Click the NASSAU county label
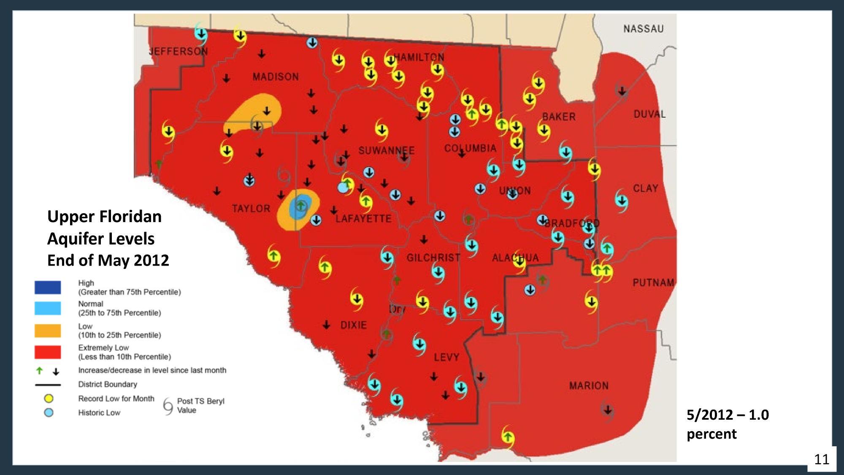(x=643, y=29)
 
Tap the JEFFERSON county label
(x=178, y=52)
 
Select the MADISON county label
(x=276, y=77)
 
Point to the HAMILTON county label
(x=420, y=57)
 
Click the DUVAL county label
(x=649, y=114)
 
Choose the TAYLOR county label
(x=251, y=209)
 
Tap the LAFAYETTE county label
(x=363, y=219)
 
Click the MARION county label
(x=589, y=385)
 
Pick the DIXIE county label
(x=354, y=325)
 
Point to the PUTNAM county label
(x=653, y=282)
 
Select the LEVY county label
(x=446, y=358)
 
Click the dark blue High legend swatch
(x=48, y=288)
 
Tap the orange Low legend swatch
(x=48, y=331)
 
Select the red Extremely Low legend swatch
(x=48, y=352)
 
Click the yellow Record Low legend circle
(x=49, y=399)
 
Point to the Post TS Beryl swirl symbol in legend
(x=168, y=406)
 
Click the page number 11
(x=821, y=459)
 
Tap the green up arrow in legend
(x=40, y=371)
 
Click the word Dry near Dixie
(x=397, y=309)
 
